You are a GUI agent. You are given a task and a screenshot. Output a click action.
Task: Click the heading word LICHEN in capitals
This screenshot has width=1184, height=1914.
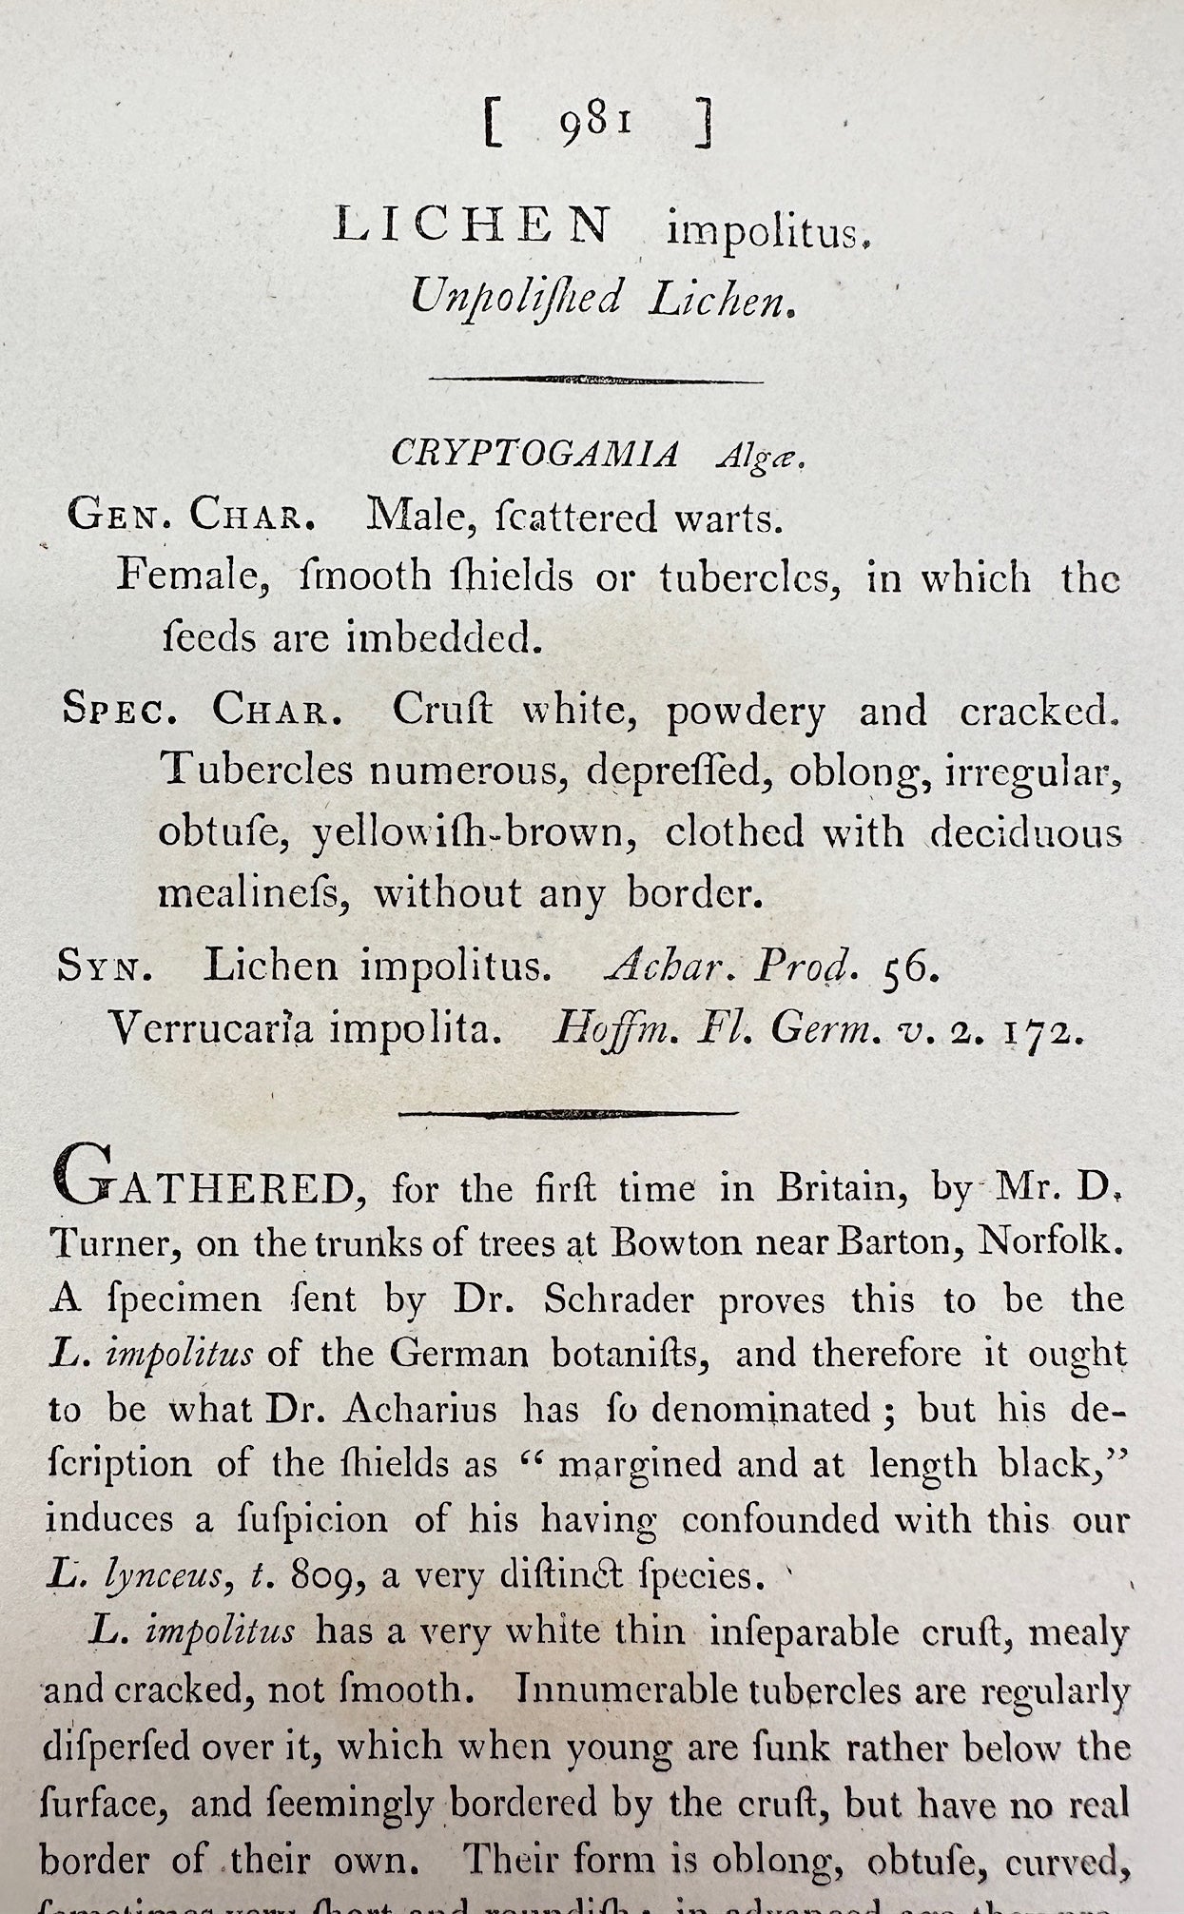473,226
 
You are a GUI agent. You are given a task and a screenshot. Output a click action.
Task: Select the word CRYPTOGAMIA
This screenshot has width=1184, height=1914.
535,455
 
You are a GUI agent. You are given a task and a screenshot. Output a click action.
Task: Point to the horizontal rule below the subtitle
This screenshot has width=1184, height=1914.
596,381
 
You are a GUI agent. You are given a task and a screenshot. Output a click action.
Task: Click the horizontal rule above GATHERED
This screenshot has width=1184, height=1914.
568,1112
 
